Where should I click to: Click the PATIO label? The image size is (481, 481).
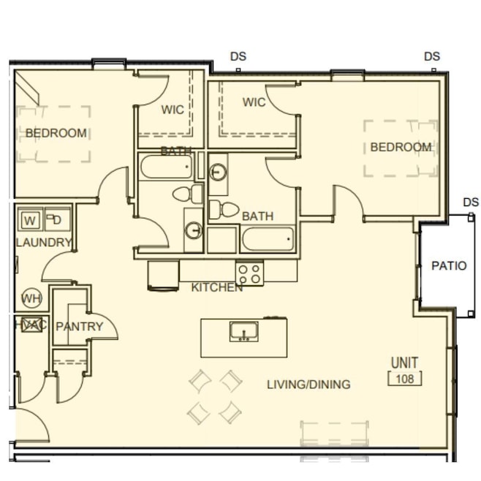(x=448, y=266)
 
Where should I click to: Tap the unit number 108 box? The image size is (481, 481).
(x=404, y=379)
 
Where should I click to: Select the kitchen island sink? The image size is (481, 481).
(x=243, y=332)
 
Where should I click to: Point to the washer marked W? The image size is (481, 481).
(x=30, y=220)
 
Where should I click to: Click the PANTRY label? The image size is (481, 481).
(x=79, y=327)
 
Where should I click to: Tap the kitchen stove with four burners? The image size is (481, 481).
(x=249, y=273)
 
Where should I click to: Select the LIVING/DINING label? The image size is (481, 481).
(x=308, y=385)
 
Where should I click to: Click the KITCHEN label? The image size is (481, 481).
(x=216, y=288)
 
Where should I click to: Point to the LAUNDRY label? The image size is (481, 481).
(x=43, y=243)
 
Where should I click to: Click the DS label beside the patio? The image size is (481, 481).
(x=471, y=202)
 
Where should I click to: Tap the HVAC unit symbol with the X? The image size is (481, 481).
(x=31, y=325)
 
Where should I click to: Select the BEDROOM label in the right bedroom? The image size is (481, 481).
(x=400, y=148)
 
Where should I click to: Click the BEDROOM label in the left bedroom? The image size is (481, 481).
(x=56, y=134)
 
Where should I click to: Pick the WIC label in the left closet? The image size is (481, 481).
(x=173, y=110)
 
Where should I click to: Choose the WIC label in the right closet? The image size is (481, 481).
(x=254, y=102)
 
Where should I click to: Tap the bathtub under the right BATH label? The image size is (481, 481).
(x=268, y=239)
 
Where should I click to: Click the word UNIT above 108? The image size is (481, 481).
(x=404, y=363)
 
